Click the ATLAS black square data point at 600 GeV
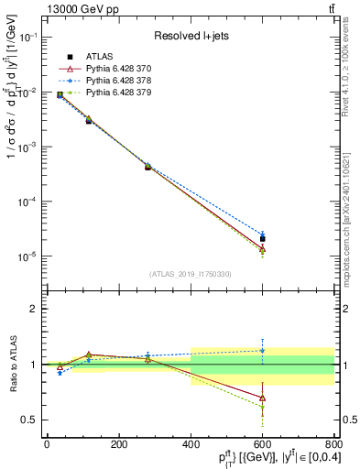pos(262,239)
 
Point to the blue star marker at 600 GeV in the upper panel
pos(262,234)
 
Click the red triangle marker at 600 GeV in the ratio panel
pos(262,398)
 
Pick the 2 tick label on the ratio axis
pos(34,309)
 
